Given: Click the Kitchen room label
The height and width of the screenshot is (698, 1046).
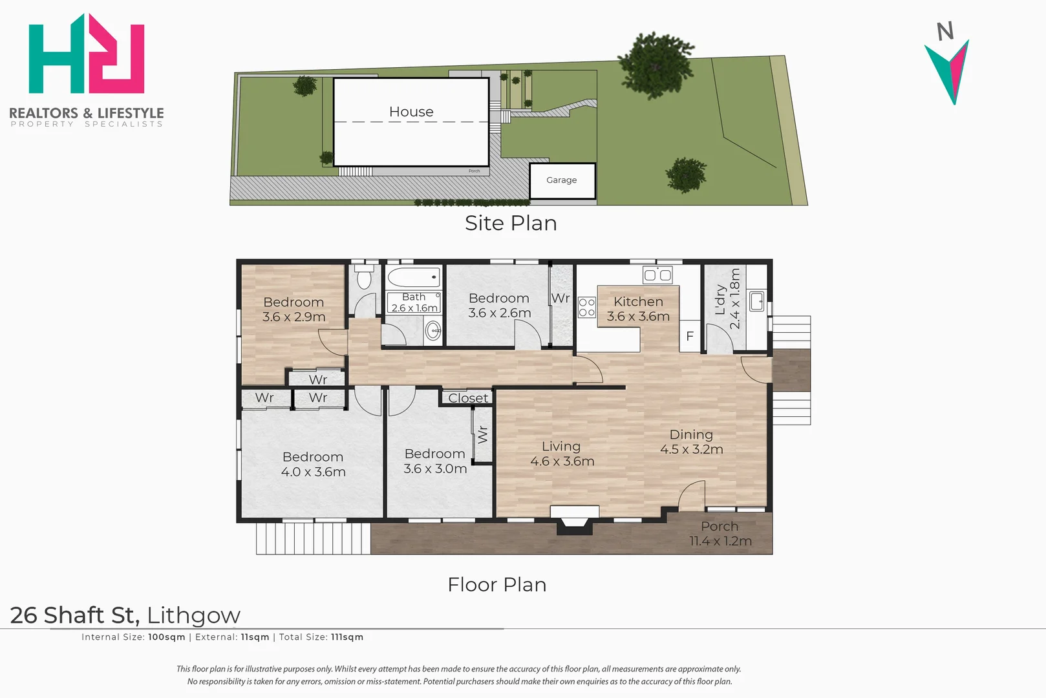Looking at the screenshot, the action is click(638, 302).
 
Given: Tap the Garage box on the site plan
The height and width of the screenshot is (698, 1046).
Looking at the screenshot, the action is click(562, 181).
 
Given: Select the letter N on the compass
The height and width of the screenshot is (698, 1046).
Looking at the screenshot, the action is click(945, 31).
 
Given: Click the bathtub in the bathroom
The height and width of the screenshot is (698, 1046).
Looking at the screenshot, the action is click(414, 277).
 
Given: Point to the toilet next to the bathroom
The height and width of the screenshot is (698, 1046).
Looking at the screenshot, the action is click(363, 277).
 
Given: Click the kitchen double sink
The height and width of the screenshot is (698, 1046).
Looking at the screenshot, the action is click(657, 275).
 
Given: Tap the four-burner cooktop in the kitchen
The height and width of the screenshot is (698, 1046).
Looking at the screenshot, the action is click(587, 308).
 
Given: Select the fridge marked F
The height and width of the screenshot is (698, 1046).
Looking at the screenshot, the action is click(690, 335).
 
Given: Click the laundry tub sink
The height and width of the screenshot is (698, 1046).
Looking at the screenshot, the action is click(756, 301).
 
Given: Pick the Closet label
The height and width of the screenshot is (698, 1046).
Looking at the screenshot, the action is click(468, 398).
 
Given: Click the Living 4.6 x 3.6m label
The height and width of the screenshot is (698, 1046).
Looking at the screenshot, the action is click(562, 453).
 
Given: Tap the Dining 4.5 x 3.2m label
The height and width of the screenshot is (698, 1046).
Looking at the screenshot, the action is click(692, 441).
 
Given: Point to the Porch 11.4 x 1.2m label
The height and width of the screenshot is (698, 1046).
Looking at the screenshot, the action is click(721, 533).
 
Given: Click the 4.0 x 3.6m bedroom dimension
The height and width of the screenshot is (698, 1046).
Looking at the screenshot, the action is click(314, 472).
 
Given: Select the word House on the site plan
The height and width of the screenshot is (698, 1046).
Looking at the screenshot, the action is click(411, 112).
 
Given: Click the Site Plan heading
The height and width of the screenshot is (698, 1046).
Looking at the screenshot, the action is click(511, 223).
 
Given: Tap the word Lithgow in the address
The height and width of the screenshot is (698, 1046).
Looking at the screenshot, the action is click(194, 616).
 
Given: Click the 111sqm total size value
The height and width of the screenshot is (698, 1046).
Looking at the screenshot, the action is click(347, 637).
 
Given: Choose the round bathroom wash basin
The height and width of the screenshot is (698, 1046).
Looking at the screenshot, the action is click(433, 331).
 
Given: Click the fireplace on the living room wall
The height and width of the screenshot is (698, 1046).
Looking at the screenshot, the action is click(574, 519).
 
